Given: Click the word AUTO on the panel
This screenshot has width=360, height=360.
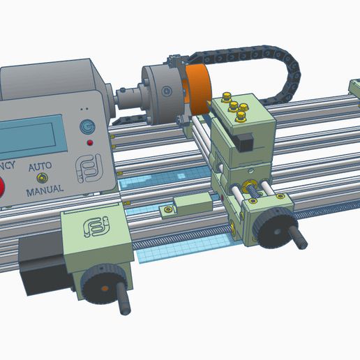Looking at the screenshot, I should (x=40, y=168).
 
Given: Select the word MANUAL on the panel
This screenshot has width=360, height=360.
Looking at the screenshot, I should (x=45, y=188).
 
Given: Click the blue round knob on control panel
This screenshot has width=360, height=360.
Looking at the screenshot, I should (x=87, y=127).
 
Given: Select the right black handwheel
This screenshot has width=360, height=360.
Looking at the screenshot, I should (x=272, y=225).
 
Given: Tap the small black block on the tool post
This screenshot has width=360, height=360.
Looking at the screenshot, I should (x=243, y=142).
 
